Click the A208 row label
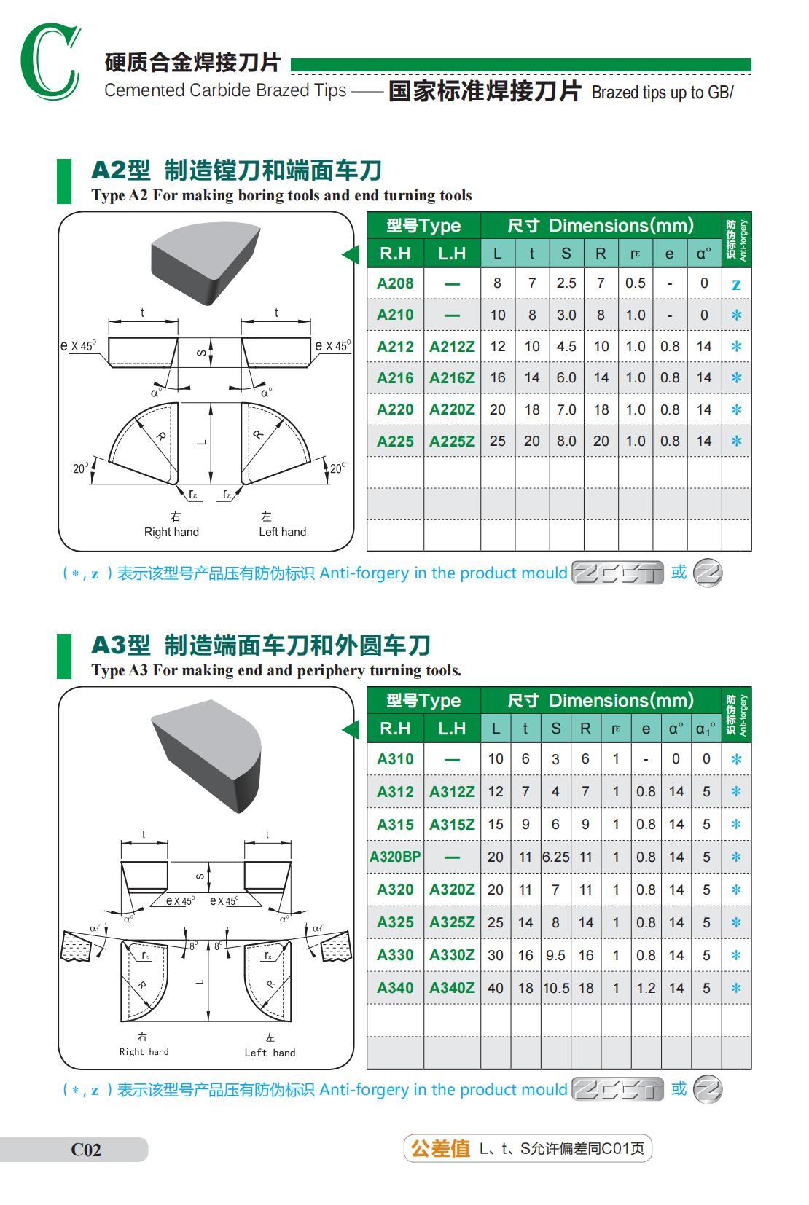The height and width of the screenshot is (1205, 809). click(x=395, y=283)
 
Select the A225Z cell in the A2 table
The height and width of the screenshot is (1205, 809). click(x=452, y=441)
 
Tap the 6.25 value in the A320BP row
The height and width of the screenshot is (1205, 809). click(x=555, y=857)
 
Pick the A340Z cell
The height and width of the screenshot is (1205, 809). click(x=452, y=988)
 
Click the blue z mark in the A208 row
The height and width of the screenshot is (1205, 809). click(x=736, y=284)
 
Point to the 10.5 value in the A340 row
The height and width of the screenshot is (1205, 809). click(x=555, y=988)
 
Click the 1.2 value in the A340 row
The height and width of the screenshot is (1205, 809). click(x=646, y=988)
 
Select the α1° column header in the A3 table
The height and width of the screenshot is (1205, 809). click(x=706, y=728)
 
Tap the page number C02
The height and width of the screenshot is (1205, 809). click(x=86, y=1150)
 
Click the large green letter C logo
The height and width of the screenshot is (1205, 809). click(x=50, y=62)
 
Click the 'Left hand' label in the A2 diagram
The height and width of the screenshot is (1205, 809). click(x=282, y=532)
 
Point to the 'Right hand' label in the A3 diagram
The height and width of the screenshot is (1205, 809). click(x=144, y=1051)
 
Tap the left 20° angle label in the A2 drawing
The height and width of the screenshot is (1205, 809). click(x=79, y=468)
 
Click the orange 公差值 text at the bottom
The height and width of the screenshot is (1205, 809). click(x=440, y=1149)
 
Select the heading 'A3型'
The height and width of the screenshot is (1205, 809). click(x=120, y=645)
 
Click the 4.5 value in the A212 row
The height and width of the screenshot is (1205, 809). click(x=566, y=346)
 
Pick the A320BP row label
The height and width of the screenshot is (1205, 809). click(x=395, y=857)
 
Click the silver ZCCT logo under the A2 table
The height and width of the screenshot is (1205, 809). click(x=617, y=573)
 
